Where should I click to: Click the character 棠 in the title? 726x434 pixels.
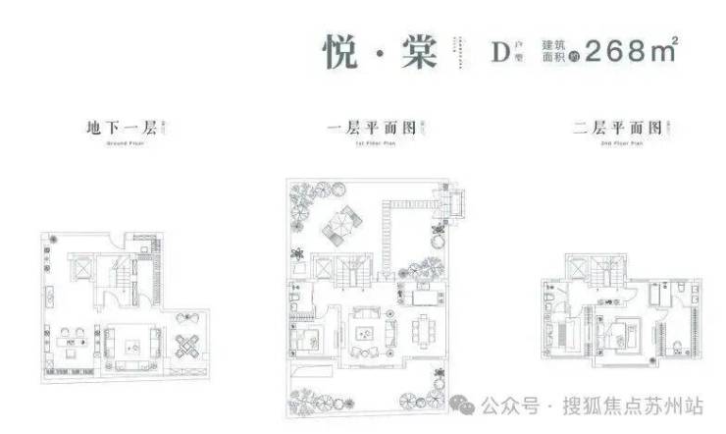pos(416,52)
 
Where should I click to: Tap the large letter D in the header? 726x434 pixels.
pos(503,52)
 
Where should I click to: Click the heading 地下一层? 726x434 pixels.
pos(118,128)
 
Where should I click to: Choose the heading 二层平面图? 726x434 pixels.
pos(615,128)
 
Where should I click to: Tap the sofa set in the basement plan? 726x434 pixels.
pos(130,341)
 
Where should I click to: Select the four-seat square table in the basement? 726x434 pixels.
pos(188,344)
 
